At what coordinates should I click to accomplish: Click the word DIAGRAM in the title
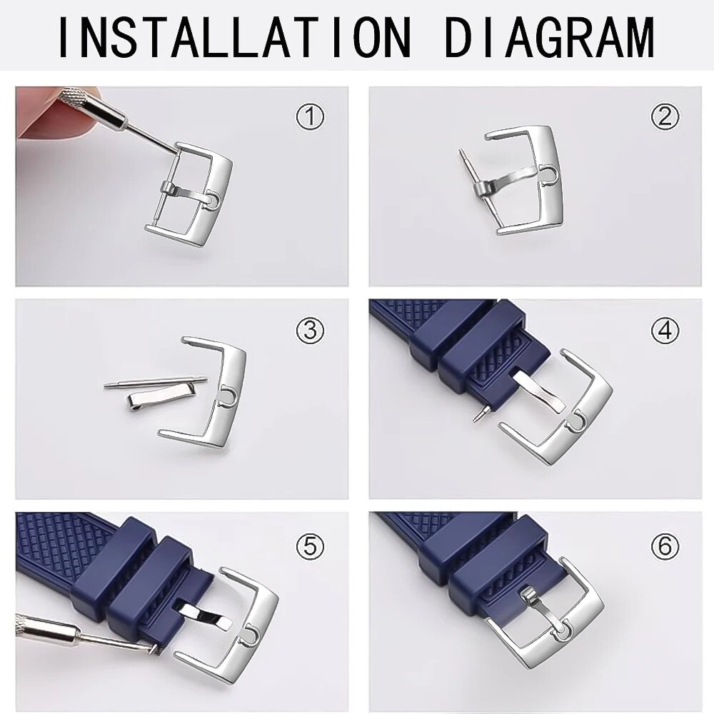coord(550,36)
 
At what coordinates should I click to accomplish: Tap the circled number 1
coord(311,116)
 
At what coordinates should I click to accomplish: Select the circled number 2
coord(665,116)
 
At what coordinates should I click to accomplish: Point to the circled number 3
coord(311,330)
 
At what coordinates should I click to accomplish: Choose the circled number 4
coord(665,330)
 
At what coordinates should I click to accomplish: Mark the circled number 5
coord(311,545)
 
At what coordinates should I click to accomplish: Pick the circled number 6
coord(665,545)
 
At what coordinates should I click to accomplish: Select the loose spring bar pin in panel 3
coord(156,383)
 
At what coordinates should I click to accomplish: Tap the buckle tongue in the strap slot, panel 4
coord(540,391)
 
